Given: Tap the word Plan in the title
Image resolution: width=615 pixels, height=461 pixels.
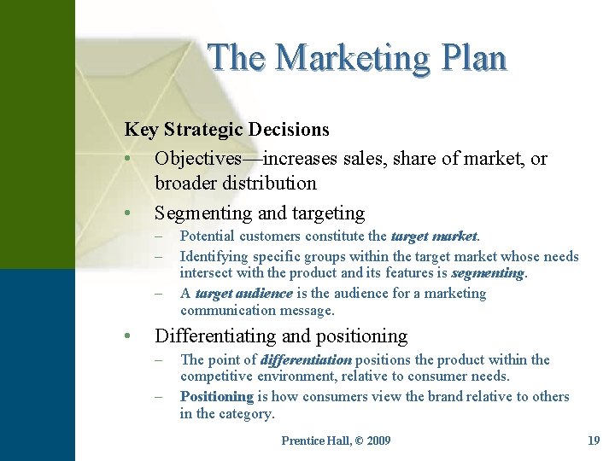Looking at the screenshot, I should click(474, 57).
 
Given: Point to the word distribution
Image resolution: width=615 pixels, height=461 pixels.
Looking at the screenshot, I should click(271, 183).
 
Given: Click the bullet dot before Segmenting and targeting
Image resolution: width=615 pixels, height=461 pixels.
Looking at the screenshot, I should click(126, 213).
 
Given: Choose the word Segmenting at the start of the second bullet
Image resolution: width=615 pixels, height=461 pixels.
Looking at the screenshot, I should click(202, 213).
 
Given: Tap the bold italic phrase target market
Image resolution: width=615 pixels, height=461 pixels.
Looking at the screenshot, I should click(435, 236).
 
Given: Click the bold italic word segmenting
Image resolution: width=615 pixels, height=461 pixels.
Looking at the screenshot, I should click(488, 273).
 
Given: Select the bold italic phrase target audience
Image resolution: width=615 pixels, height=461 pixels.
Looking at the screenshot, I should click(243, 293).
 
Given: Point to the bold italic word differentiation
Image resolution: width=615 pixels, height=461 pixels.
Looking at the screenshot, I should click(306, 359).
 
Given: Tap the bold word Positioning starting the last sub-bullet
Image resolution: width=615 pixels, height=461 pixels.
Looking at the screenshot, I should click(217, 396).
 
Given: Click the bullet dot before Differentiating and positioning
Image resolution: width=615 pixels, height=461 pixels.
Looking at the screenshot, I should click(126, 336).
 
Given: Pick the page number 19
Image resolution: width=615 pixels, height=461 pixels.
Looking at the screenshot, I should click(594, 441).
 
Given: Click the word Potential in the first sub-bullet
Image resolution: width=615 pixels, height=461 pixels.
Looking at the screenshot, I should click(208, 236).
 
